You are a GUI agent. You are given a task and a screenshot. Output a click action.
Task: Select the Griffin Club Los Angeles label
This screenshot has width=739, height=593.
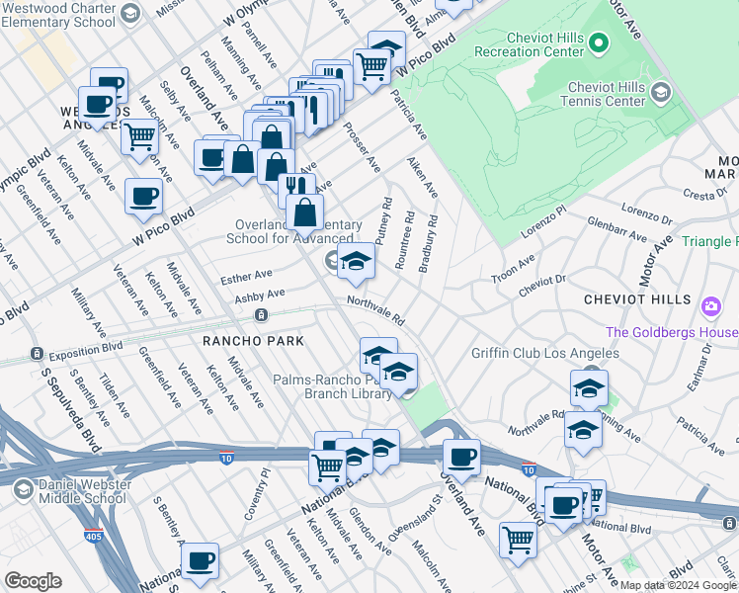coord(544,353)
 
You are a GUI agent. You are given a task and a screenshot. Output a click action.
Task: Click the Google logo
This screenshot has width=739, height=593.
coord(33,581)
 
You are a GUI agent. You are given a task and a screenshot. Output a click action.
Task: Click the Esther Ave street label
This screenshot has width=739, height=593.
coord(246,276)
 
